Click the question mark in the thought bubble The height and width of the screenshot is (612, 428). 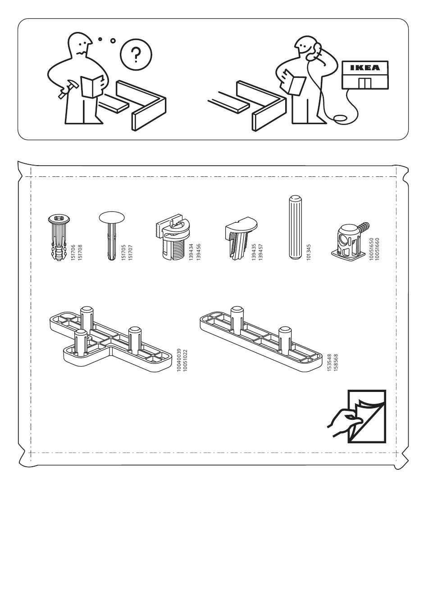tap(136, 54)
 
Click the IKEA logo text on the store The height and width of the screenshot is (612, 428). tap(365, 67)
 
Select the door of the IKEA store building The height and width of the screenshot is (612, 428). tap(365, 83)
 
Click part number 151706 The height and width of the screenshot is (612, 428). tap(73, 252)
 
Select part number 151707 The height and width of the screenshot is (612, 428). tap(131, 252)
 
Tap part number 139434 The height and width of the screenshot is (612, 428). tap(191, 252)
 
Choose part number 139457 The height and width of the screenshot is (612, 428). tap(260, 252)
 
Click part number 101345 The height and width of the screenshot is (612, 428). tap(309, 252)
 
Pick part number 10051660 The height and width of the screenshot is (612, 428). tap(378, 249)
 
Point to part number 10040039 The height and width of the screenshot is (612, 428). tap(179, 360)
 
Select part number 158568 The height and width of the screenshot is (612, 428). tap(336, 362)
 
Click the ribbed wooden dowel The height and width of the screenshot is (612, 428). tap(295, 227)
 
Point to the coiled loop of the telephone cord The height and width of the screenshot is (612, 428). tap(341, 118)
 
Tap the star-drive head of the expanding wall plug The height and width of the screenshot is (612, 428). tap(59, 219)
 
